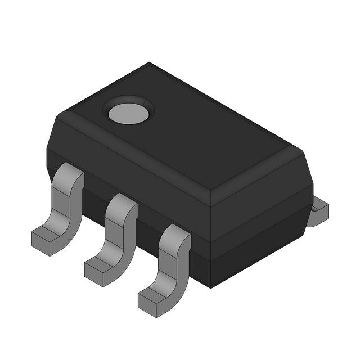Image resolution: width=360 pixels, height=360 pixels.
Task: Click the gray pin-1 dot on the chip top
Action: click(x=129, y=113)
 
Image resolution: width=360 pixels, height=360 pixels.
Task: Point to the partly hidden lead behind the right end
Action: click(x=318, y=211)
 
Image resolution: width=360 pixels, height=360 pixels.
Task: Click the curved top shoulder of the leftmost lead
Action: click(x=70, y=174)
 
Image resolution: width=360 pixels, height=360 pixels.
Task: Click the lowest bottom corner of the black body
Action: click(x=210, y=287)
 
